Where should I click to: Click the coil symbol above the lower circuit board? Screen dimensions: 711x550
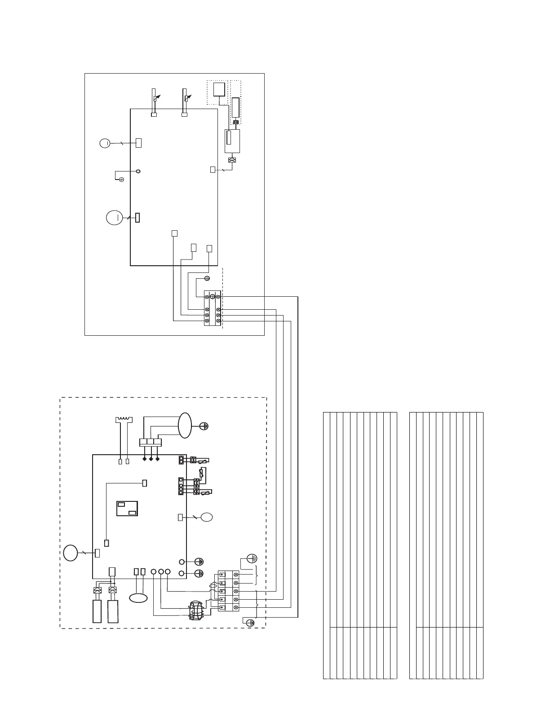pyautogui.click(x=124, y=420)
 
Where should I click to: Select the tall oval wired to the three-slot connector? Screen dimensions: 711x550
pyautogui.click(x=185, y=425)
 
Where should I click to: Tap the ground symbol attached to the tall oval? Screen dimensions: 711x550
pyautogui.click(x=204, y=426)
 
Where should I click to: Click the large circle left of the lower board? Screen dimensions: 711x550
pyautogui.click(x=71, y=553)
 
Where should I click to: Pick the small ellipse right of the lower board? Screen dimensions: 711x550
pyautogui.click(x=207, y=518)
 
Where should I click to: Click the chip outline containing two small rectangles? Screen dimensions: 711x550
pyautogui.click(x=128, y=508)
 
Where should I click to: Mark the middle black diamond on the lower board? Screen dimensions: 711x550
pyautogui.click(x=151, y=459)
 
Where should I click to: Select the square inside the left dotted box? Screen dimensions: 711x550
pyautogui.click(x=219, y=90)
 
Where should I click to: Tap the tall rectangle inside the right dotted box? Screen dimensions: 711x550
pyautogui.click(x=235, y=107)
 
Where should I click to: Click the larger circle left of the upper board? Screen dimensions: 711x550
pyautogui.click(x=114, y=218)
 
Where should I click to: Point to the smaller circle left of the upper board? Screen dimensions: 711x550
pyautogui.click(x=104, y=143)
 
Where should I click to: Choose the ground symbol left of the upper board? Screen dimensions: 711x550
pyautogui.click(x=121, y=180)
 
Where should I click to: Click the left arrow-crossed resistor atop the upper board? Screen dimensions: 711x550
pyautogui.click(x=155, y=98)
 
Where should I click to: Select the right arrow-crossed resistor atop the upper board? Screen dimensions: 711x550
pyautogui.click(x=185, y=98)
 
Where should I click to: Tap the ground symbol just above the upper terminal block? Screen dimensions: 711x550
pyautogui.click(x=207, y=278)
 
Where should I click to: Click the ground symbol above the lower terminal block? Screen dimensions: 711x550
pyautogui.click(x=253, y=559)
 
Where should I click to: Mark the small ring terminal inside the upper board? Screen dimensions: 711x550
pyautogui.click(x=138, y=171)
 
